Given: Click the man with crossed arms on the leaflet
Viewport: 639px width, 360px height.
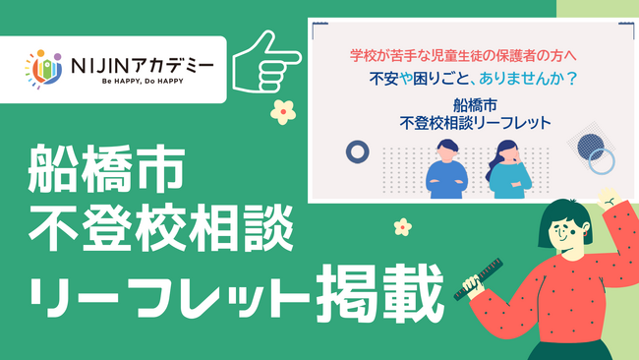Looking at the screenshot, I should pyautogui.click(x=446, y=170).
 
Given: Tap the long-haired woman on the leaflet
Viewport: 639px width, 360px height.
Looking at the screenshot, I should pyautogui.click(x=507, y=170).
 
